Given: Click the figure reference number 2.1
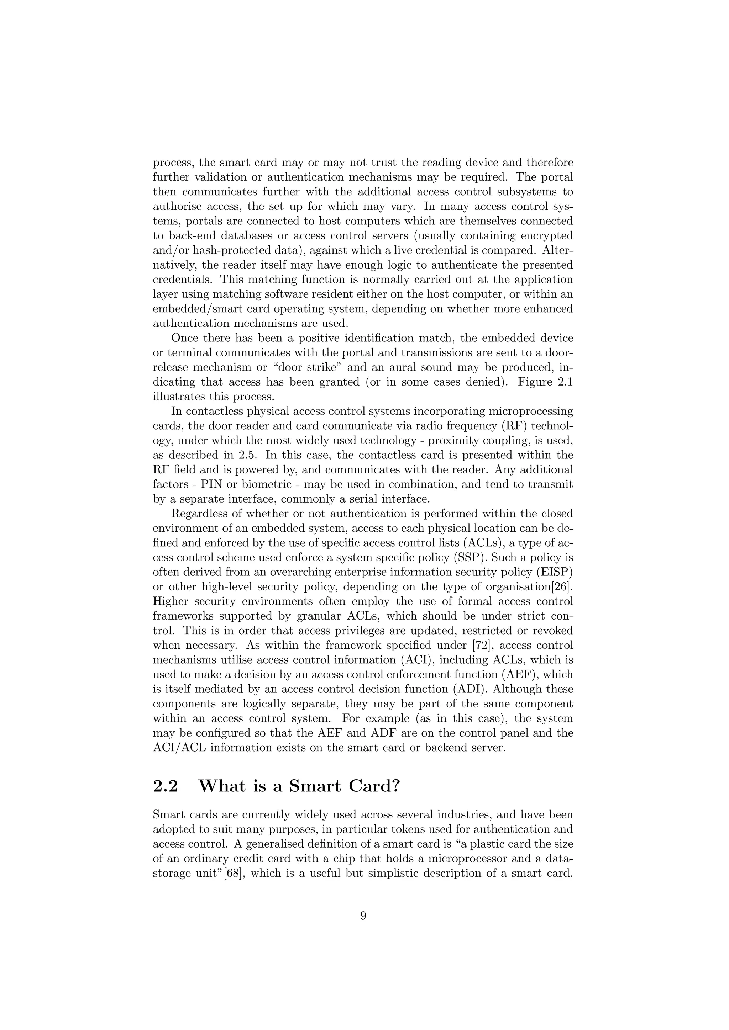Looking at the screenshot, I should [563, 382].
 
